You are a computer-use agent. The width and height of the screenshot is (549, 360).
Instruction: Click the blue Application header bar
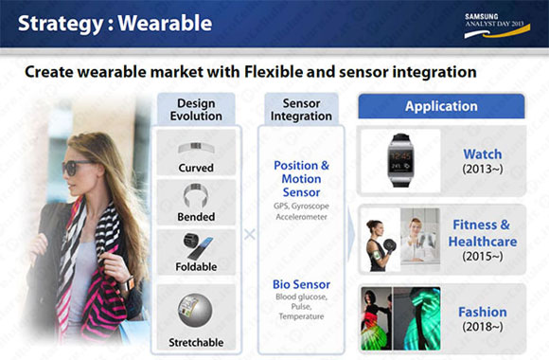[x=441, y=106]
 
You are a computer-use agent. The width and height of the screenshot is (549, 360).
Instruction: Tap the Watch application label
[x=483, y=153]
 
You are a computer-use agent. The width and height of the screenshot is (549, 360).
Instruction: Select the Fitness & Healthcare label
[x=483, y=233]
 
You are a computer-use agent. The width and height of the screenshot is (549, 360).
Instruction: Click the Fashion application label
[x=483, y=312]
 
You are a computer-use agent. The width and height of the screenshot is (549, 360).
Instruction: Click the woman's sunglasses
[x=80, y=166]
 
